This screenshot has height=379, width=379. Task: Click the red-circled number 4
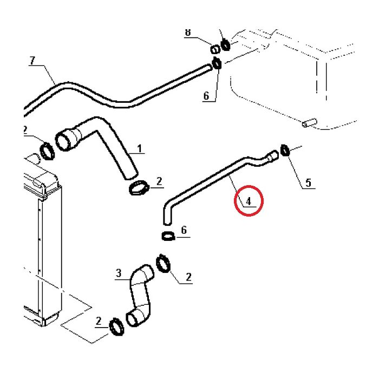click(x=249, y=201)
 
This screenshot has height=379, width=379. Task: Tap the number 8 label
click(x=188, y=32)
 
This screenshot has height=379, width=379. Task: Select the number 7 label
click(x=32, y=61)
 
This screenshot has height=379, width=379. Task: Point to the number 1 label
click(x=139, y=148)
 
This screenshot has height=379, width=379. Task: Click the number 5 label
click(x=308, y=182)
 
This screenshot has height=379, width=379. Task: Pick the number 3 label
click(x=119, y=273)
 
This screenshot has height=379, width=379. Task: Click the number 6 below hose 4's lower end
click(x=184, y=231)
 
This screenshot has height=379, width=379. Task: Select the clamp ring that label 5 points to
click(x=285, y=149)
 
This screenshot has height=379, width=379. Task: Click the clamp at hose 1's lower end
click(x=139, y=188)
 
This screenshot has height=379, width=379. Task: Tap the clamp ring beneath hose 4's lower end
click(x=168, y=236)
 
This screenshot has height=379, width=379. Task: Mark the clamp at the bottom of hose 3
click(x=117, y=326)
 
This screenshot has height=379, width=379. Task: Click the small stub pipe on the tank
click(x=307, y=123)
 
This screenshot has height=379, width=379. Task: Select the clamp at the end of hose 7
click(x=217, y=63)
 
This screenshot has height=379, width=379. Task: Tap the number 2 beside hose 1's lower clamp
click(x=159, y=181)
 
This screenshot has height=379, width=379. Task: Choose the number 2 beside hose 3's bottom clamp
click(x=99, y=322)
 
